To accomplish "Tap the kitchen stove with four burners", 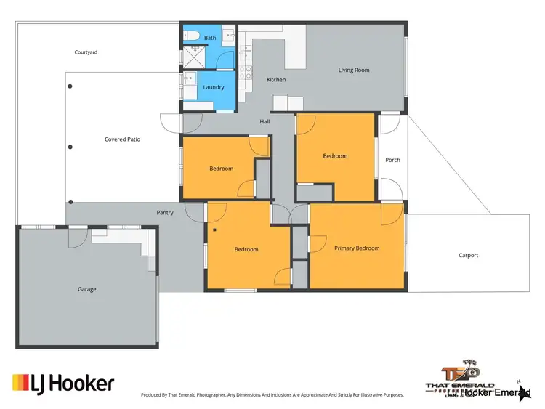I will pos(248,72).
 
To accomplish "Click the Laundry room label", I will pos(214,87).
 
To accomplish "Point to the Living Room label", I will pos(354,70).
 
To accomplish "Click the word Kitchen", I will pos(276,80).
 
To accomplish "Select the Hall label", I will pos(265,121).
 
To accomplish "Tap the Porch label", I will pos(392,160).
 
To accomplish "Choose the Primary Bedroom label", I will pos(357,248).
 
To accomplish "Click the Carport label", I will pos(469,255).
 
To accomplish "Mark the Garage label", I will pos(86,289).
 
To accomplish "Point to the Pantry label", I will pos(165,213).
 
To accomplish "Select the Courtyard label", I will pos(86,52).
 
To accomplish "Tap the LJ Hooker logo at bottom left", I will pos(63,382).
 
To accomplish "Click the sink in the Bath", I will pos(226,35).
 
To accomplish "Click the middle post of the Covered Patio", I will pos(70,147).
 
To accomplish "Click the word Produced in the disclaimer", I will pos(153,395).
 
